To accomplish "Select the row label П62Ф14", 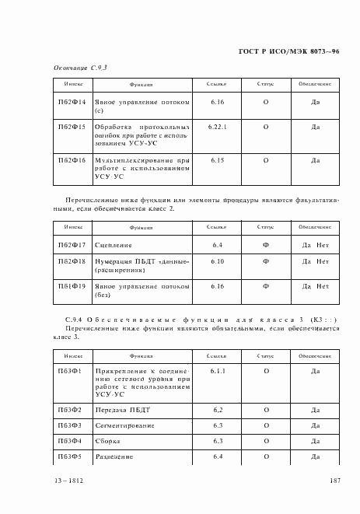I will [72, 102].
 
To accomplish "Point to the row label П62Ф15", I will [72, 125].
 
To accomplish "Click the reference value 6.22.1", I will [218, 125].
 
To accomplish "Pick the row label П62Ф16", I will [72, 160].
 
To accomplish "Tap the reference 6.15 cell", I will [218, 160].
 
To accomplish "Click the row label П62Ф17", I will [72, 244].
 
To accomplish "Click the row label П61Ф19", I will [72, 286].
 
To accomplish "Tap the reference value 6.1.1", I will [218, 371].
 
